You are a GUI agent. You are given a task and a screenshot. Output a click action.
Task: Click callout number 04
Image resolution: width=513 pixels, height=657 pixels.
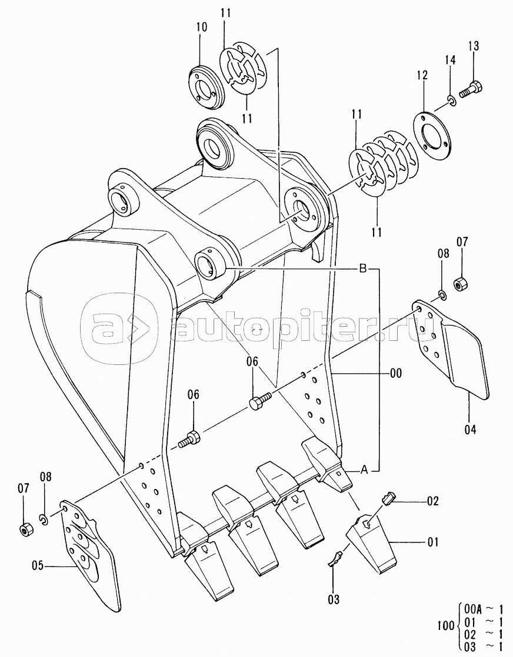469,430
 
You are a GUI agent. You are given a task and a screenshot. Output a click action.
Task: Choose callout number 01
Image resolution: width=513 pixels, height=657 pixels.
433,542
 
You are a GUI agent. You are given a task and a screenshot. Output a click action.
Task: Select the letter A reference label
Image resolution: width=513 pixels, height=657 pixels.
364,470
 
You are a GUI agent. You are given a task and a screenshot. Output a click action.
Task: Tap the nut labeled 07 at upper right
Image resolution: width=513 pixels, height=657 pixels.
461,282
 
